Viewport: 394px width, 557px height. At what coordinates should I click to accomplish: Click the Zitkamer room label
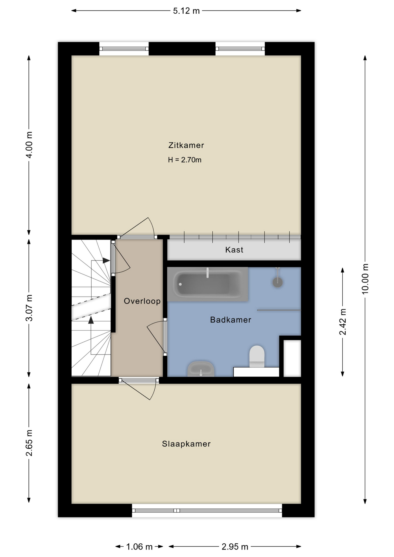click(186, 145)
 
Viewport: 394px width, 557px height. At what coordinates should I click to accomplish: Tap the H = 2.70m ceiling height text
click(185, 160)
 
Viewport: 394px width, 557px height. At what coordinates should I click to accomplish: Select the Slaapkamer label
click(186, 444)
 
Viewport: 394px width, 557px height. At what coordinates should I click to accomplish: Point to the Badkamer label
click(231, 320)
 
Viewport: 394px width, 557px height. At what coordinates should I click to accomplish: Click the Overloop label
click(142, 301)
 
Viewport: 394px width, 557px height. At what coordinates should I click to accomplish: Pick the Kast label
click(234, 250)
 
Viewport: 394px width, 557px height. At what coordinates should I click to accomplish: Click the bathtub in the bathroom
click(208, 284)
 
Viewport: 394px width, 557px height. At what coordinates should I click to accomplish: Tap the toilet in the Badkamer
click(257, 356)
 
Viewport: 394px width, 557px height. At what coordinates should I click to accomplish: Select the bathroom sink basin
click(201, 369)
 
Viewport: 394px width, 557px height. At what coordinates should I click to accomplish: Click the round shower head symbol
click(278, 282)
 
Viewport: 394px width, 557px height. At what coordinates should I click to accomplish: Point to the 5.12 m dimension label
click(186, 11)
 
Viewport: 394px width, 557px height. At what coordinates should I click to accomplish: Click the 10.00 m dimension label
click(365, 279)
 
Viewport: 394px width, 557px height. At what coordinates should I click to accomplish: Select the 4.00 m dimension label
click(29, 144)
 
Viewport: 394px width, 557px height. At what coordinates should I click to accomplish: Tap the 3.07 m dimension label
click(29, 308)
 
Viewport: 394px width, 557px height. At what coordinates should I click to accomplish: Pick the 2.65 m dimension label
click(29, 443)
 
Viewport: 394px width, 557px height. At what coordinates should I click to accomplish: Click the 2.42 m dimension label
click(343, 322)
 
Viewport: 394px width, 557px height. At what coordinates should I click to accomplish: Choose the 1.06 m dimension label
click(139, 547)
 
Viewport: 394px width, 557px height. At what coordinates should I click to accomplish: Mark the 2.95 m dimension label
click(235, 547)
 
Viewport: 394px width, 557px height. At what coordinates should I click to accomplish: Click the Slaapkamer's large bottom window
click(207, 510)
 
